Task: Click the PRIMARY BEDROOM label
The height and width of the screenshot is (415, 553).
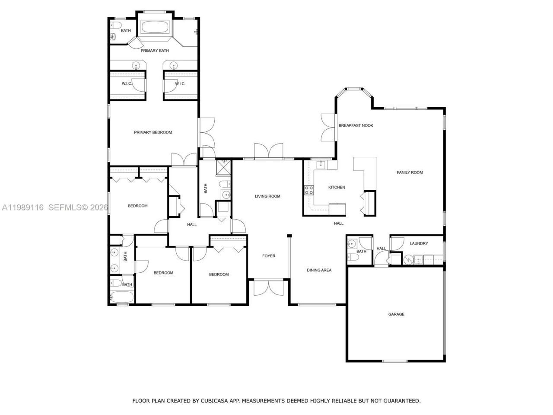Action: point(153,132)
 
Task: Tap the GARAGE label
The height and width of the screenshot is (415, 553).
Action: point(396,314)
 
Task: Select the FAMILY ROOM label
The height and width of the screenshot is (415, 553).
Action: point(410,172)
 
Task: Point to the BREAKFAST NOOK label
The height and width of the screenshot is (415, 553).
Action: point(356,125)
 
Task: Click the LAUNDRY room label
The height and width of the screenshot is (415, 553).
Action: point(419,243)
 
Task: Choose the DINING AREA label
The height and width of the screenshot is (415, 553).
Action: point(319,270)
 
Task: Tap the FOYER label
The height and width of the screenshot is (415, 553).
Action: point(269,256)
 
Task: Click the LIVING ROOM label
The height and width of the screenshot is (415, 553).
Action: point(267,196)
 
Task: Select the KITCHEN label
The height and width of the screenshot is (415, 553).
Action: point(337,187)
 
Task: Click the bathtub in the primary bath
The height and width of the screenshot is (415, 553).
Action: point(156,28)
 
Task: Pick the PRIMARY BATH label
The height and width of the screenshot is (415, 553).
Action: point(155,51)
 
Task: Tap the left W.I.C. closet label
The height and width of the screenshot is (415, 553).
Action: point(127,83)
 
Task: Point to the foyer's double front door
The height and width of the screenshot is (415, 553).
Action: point(269,288)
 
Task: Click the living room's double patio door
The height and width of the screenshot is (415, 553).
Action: point(269,151)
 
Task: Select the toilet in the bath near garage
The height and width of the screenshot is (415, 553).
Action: point(353,258)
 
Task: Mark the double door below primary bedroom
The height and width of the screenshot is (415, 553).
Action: point(184,160)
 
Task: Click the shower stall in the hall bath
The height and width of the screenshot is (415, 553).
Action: point(224,166)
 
